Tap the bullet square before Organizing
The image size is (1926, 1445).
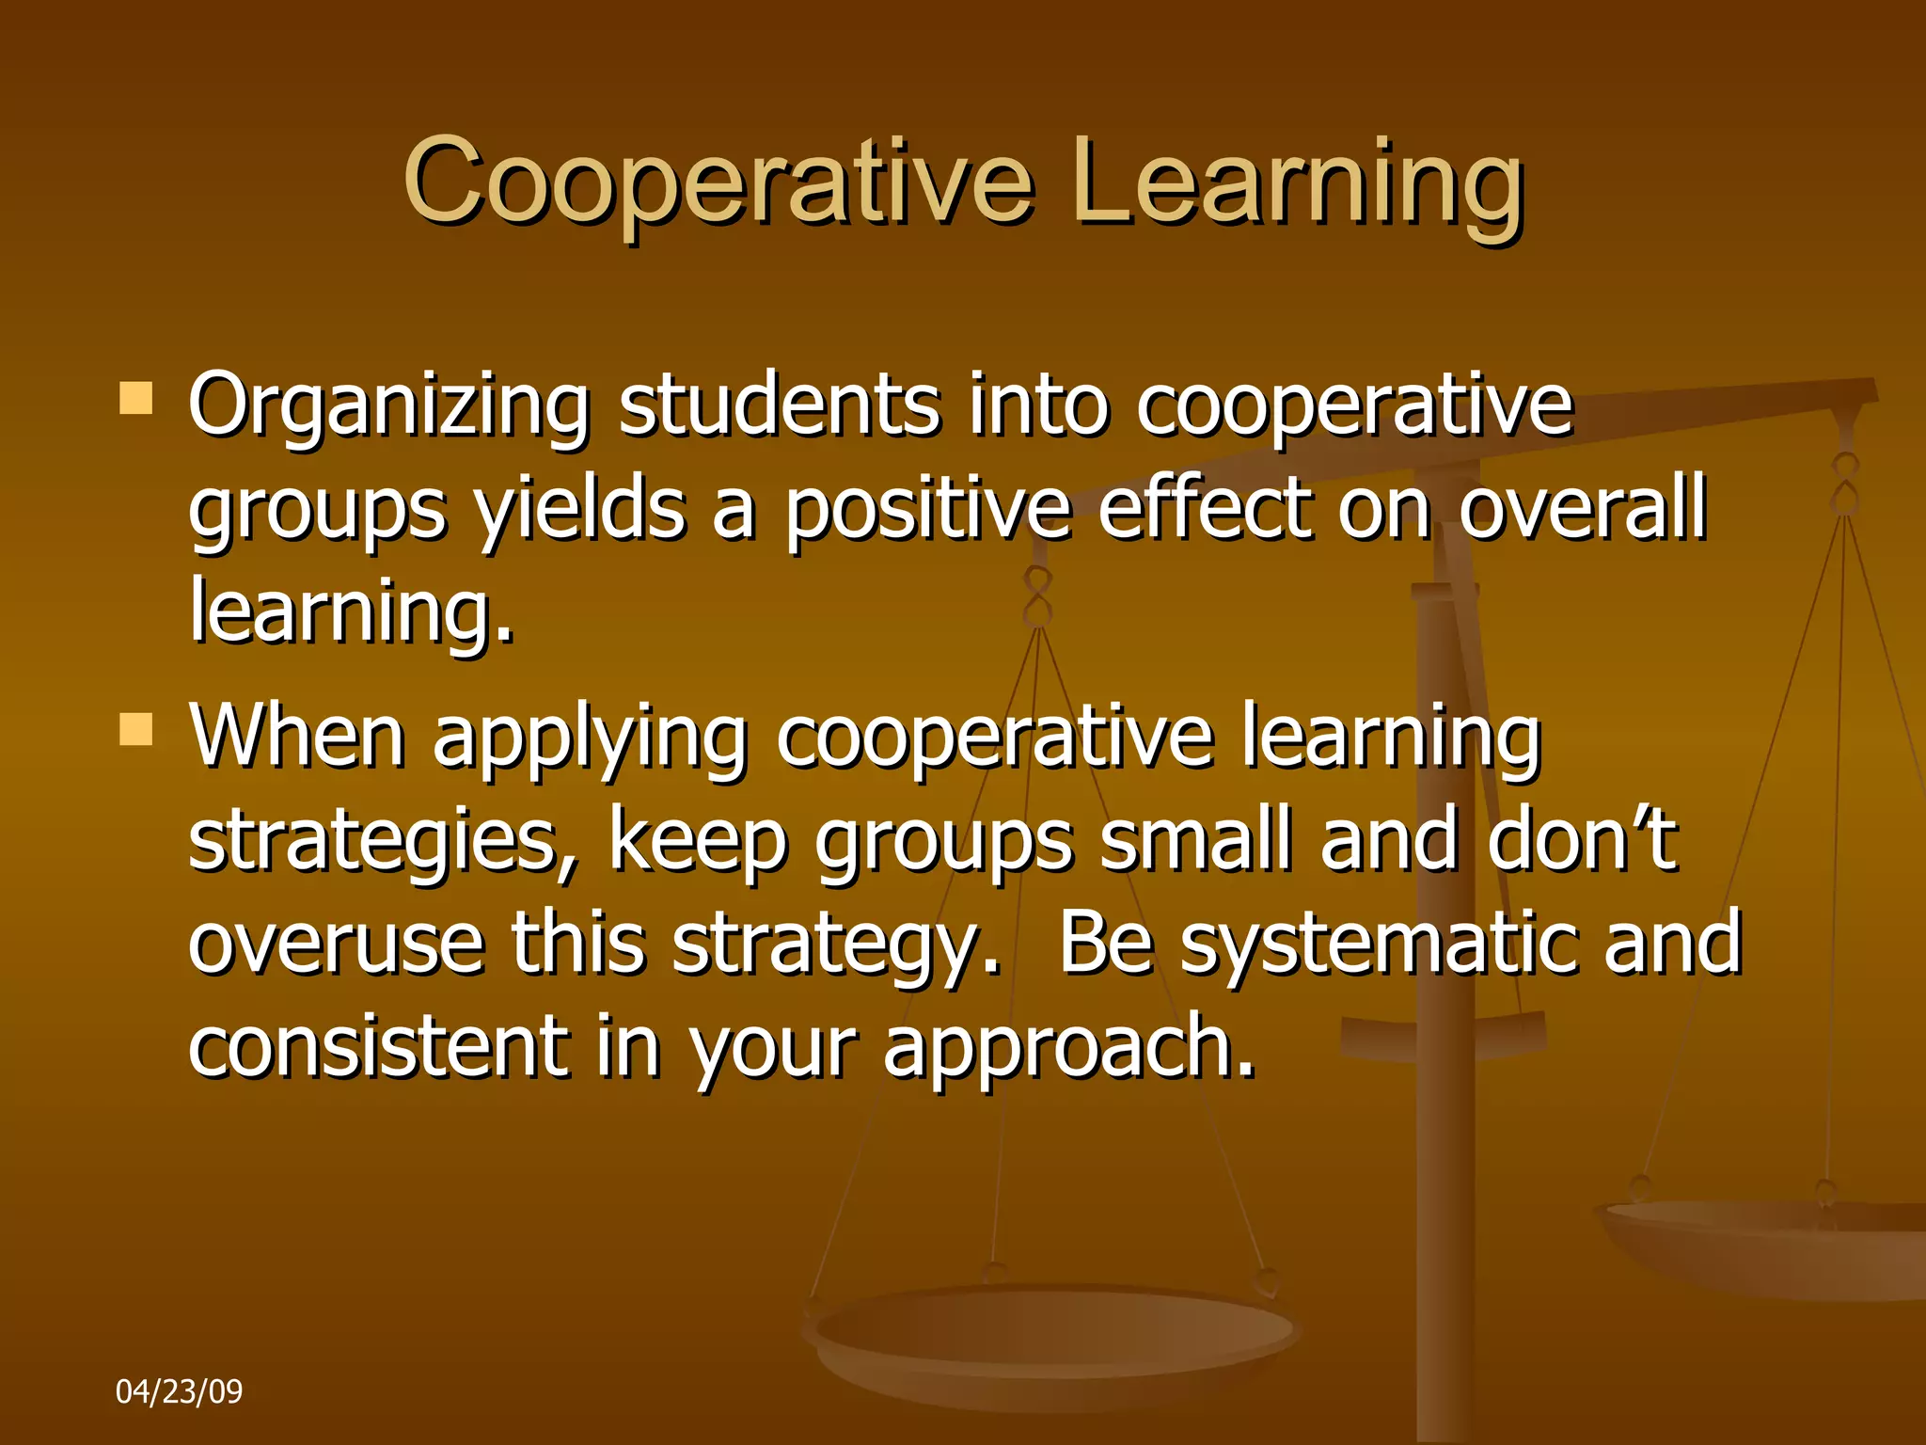point(136,399)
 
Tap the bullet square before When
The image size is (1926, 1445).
point(136,729)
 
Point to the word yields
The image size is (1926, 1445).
point(579,510)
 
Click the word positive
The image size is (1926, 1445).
point(927,510)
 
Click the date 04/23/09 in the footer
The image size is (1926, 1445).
point(179,1390)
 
